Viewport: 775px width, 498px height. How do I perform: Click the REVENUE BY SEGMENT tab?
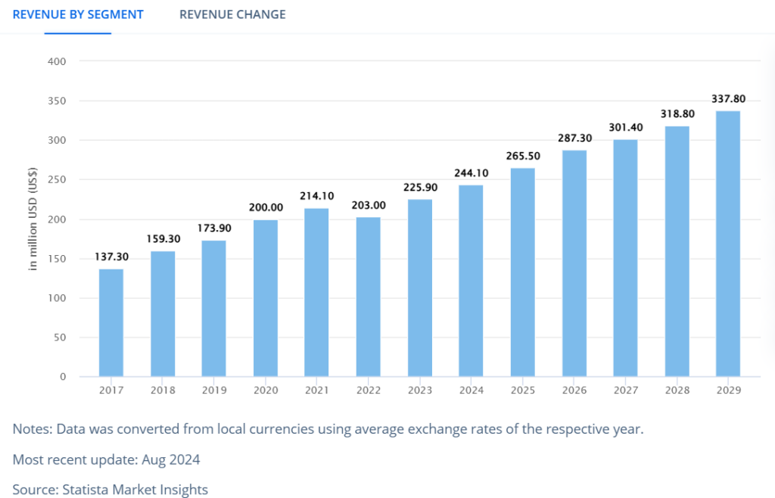[x=78, y=14]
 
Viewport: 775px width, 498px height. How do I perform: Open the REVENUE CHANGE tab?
[x=232, y=14]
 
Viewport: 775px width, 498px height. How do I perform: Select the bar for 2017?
[x=111, y=323]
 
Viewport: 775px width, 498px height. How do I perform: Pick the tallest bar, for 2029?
[x=727, y=244]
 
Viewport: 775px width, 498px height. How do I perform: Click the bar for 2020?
[x=265, y=298]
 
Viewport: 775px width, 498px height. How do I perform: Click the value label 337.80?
[x=727, y=98]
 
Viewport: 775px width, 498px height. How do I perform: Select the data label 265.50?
[x=522, y=156]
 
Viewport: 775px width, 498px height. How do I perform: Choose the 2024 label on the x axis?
[x=471, y=391]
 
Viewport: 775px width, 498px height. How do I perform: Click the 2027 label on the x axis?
[x=625, y=391]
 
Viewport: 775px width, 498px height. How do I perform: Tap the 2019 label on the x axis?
[x=214, y=391]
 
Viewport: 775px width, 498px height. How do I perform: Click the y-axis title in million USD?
[x=33, y=219]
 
